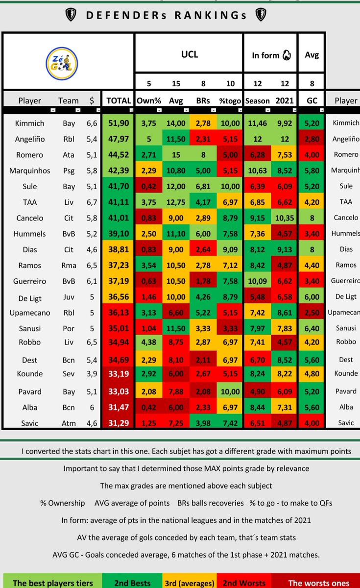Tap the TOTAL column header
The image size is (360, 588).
tap(119, 100)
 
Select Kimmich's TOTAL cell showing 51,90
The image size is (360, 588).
tap(119, 123)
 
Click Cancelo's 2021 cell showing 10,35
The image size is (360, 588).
tap(285, 218)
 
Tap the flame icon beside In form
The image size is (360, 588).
tap(287, 55)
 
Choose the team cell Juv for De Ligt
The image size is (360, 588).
tap(69, 296)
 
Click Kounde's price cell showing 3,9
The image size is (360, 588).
tap(92, 374)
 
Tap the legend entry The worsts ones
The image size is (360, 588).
tap(318, 583)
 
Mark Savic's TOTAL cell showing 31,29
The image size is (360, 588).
tap(119, 422)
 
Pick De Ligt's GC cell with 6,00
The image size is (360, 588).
tap(312, 296)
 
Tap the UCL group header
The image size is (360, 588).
tap(189, 54)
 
